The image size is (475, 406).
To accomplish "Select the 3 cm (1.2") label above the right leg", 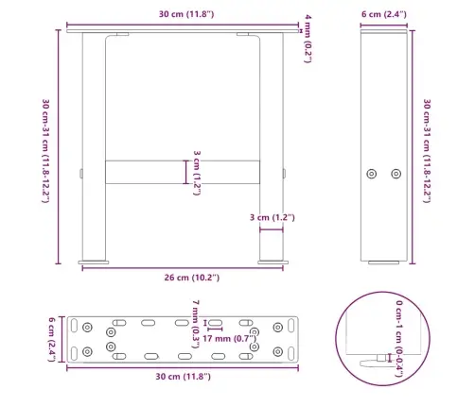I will click(x=272, y=218).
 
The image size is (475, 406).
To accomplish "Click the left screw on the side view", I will click(x=373, y=173).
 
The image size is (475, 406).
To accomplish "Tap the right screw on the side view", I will click(x=396, y=173).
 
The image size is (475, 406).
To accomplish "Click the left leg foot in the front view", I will click(x=94, y=258).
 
